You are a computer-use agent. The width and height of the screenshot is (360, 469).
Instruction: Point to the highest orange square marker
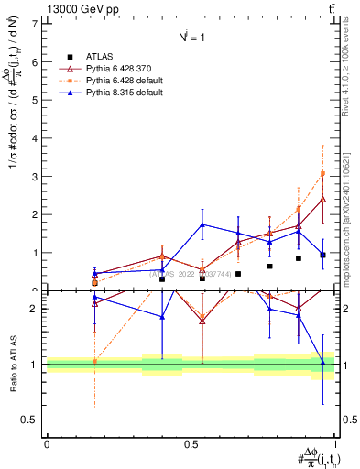[x=322, y=173]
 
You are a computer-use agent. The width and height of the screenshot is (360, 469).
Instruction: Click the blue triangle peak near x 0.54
[x=202, y=224]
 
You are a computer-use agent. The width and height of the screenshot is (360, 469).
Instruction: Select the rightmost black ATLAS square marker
[x=322, y=255]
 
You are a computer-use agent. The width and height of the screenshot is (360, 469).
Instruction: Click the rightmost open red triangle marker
[x=322, y=198]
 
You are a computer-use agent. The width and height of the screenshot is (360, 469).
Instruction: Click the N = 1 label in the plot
[x=190, y=37]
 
